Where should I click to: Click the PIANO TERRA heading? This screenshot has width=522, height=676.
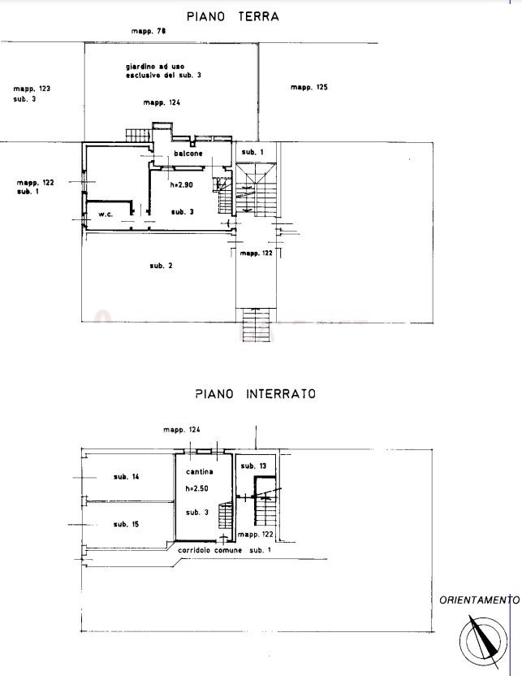[x=233, y=17]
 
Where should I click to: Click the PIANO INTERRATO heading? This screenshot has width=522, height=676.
[x=256, y=393]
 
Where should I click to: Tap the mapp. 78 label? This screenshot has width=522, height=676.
[x=149, y=31]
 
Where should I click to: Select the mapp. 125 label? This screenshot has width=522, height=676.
[x=308, y=87]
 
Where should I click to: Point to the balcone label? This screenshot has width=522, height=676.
[x=188, y=154]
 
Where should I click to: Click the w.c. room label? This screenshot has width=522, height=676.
[x=106, y=214]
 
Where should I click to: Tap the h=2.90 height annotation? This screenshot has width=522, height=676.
[x=181, y=185]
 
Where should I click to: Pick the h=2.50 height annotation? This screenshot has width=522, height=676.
[x=196, y=488]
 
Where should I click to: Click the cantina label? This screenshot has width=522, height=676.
[x=200, y=471]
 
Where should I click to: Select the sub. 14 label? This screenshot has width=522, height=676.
[x=126, y=477]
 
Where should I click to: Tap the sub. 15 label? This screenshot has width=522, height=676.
[x=126, y=524]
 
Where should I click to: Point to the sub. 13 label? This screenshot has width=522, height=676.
[x=253, y=466]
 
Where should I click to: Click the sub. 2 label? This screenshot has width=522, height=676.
[x=161, y=266]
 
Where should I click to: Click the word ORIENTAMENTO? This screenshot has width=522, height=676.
[x=479, y=600]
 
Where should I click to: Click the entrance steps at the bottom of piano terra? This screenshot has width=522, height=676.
[x=257, y=325]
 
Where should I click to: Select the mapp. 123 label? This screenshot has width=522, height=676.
[x=32, y=89]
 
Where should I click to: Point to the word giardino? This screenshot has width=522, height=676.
[x=140, y=67]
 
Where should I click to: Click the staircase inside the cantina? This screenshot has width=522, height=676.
[x=225, y=515]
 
